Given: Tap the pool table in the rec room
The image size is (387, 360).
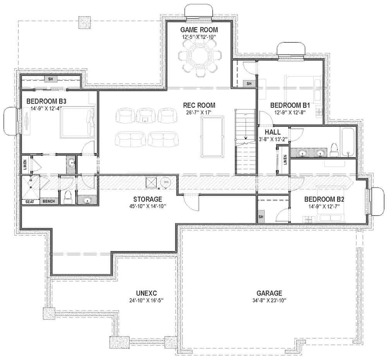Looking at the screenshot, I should tap(212, 137).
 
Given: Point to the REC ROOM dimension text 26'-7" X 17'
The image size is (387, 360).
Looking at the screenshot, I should tap(199, 113).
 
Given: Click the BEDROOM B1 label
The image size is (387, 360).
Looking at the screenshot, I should tap(290, 105).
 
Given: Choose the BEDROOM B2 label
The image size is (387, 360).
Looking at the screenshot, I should tap(324, 200).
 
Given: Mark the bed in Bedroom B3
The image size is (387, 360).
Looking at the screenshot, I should tap(77, 123).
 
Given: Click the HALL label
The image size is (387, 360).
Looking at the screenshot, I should tap(272, 132).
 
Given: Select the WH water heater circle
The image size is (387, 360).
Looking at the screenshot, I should tap(166, 182).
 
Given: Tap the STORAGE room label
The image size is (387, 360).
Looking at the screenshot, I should tap(147, 199).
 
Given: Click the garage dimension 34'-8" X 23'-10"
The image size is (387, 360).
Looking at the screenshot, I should tap(269, 301).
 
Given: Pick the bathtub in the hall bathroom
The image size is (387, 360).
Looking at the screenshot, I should tap(348, 142).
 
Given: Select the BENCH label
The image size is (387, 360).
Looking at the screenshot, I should tap(48, 201).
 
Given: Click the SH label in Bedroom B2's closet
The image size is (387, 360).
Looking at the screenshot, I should tap(261, 217).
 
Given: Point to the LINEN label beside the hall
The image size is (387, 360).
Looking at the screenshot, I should tap(285, 159).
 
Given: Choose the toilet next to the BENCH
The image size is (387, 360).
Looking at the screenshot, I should tap(68, 197).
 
